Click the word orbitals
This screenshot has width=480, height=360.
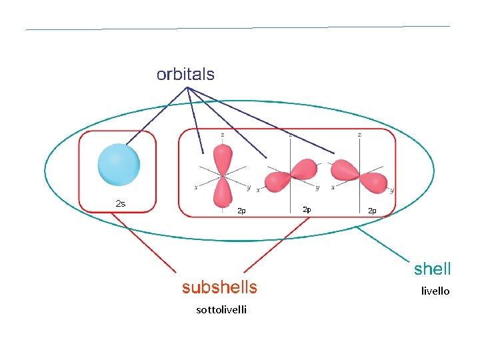(185, 74)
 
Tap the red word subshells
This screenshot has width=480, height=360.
(219, 287)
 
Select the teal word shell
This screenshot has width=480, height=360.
(432, 269)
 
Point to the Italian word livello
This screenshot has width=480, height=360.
(435, 291)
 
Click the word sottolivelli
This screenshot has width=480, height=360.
(221, 309)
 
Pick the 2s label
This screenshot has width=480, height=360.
(120, 203)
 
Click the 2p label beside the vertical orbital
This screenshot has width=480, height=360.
(241, 211)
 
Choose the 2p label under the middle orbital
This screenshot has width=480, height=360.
(306, 209)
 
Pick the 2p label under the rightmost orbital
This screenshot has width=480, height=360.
(372, 211)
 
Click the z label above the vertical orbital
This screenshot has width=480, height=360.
(221, 134)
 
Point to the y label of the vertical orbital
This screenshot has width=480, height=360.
(248, 188)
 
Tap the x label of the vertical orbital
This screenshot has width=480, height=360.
(195, 187)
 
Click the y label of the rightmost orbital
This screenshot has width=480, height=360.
(391, 190)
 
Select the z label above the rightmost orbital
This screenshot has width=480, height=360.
(359, 134)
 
